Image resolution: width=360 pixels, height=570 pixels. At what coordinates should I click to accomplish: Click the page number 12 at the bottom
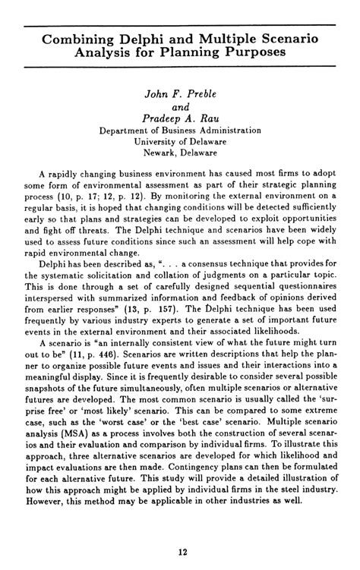[180, 552]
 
